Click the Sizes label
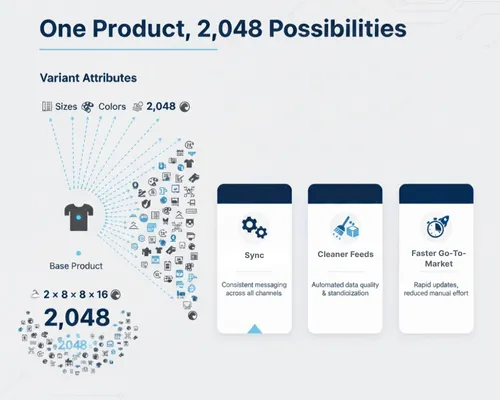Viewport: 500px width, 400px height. pyautogui.click(x=66, y=105)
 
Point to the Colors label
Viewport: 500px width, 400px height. pyautogui.click(x=112, y=105)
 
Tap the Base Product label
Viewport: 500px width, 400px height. pyautogui.click(x=76, y=266)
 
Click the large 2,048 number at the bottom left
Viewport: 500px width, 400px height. pyautogui.click(x=77, y=319)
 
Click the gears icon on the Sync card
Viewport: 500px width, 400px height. pyautogui.click(x=254, y=227)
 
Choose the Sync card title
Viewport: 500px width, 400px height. pyautogui.click(x=254, y=255)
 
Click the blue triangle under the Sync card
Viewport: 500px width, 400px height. pyautogui.click(x=254, y=327)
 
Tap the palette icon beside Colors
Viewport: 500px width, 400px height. pyautogui.click(x=88, y=105)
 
